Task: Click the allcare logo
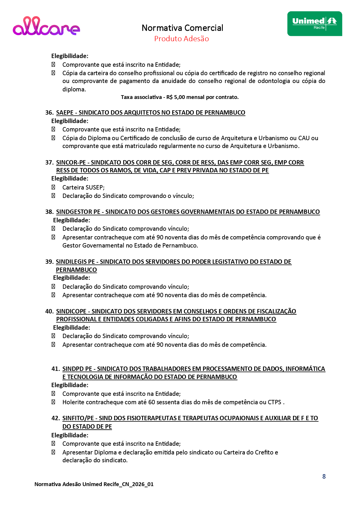point(46,26)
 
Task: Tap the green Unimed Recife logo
point(314,24)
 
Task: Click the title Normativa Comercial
point(182,28)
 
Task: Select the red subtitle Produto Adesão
point(181,39)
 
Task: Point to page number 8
point(324,476)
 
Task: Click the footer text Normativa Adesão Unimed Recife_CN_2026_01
point(94,484)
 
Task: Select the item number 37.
point(49,163)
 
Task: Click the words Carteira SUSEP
point(83,187)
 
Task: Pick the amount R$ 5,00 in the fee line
point(176,97)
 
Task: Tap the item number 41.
point(55,369)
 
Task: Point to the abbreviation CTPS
point(274,402)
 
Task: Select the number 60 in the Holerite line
point(152,402)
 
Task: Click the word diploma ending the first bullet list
point(74,89)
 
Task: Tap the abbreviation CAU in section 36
point(304,138)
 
